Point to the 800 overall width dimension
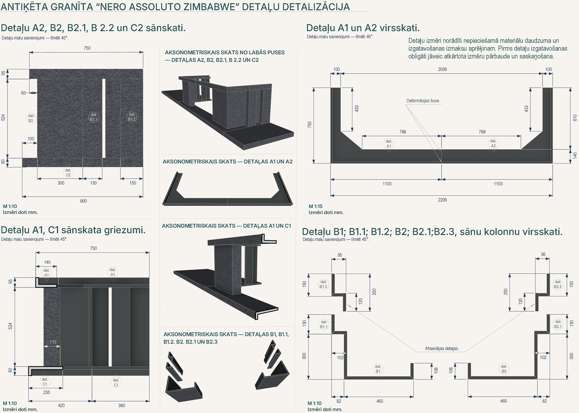[83, 201]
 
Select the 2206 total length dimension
[442, 200]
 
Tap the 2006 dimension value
[442, 69]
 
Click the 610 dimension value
[575, 118]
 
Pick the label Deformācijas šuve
[423, 101]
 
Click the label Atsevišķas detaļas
[442, 348]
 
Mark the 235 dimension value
[47, 393]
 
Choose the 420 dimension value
[61, 405]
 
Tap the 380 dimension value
[122, 405]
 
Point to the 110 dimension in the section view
[53, 342]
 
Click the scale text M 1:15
[316, 206]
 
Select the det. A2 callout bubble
[493, 144]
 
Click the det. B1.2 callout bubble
[324, 284]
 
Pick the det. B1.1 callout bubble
[324, 325]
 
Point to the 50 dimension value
[23, 93]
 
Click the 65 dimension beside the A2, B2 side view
[3, 73]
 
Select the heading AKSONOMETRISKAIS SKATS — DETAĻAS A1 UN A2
[228, 162]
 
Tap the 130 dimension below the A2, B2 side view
[93, 183]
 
